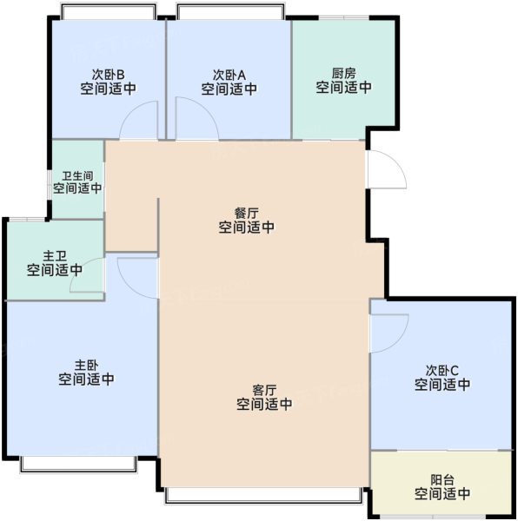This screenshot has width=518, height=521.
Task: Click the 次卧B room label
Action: point(108,74)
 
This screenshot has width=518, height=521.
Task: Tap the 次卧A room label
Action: point(229,75)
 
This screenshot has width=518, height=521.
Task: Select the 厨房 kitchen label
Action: point(344,73)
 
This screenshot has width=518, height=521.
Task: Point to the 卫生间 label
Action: point(77,175)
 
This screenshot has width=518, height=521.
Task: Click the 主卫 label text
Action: point(55,256)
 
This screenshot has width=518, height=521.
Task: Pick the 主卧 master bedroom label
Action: point(86,365)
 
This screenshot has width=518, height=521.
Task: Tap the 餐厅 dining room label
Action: point(246,213)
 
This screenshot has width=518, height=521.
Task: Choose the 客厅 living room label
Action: point(264,390)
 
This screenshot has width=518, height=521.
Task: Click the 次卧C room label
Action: point(442,370)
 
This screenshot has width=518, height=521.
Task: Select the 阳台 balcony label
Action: point(442,479)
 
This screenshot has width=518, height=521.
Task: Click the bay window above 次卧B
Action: point(109,11)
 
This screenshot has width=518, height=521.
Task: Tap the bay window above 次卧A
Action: point(230,11)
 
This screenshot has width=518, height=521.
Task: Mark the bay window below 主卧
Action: point(78,465)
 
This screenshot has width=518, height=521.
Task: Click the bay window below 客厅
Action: point(263,496)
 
